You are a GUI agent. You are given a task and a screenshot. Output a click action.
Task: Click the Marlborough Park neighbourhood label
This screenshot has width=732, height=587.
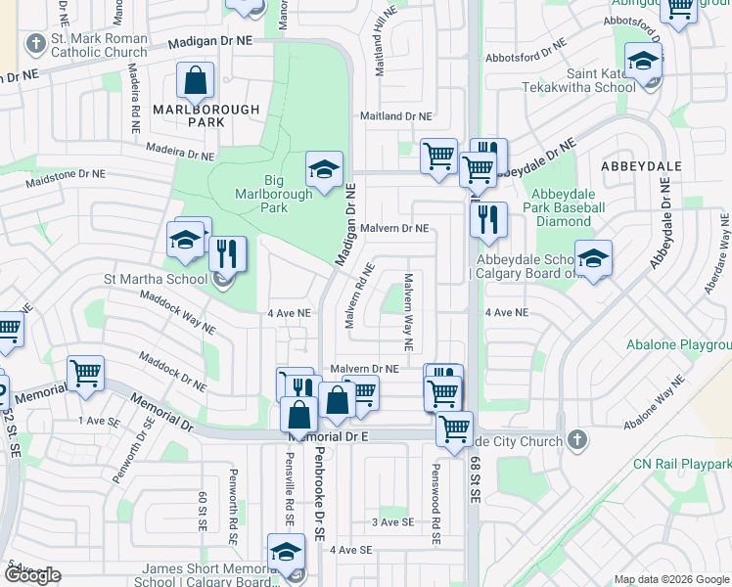(206, 115)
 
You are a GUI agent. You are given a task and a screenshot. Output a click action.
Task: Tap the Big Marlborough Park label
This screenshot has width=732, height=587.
(276, 194)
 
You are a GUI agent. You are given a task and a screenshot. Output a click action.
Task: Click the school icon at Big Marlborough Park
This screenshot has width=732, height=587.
(324, 170)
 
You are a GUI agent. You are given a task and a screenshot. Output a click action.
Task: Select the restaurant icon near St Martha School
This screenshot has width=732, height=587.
(227, 254)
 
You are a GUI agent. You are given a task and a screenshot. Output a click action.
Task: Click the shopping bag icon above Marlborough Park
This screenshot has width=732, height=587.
(196, 83)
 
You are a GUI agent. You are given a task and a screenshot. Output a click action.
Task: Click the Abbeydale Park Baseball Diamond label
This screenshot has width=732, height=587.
(566, 214)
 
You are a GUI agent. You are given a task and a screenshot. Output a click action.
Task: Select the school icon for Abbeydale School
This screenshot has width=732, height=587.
(593, 259)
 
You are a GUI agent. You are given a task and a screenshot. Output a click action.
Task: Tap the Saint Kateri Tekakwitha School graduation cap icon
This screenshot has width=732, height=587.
(643, 63)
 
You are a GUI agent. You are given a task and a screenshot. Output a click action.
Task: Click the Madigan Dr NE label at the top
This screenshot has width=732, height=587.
(209, 42)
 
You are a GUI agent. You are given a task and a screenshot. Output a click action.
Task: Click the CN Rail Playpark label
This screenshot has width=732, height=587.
(682, 463)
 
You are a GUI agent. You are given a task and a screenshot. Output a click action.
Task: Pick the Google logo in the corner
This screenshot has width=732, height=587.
(32, 575)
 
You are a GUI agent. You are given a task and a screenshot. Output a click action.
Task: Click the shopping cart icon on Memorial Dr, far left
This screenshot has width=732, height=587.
(85, 373)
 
